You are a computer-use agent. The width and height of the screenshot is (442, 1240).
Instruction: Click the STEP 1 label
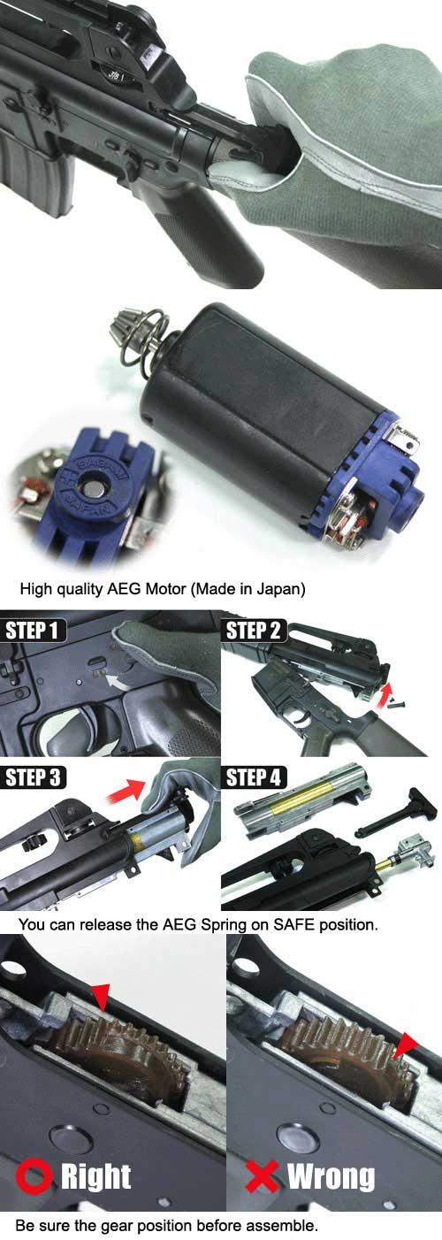[x=32, y=631]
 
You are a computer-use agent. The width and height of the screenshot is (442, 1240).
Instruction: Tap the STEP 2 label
[x=253, y=631]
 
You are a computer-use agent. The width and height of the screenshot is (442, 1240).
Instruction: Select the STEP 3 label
[x=33, y=777]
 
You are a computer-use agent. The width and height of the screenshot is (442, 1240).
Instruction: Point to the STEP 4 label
[x=254, y=777]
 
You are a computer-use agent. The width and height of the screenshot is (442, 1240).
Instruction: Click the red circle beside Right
[x=34, y=1177]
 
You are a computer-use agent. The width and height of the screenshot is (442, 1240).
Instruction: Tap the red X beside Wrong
[x=263, y=1177]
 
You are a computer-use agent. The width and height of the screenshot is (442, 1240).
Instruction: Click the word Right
[x=95, y=1178]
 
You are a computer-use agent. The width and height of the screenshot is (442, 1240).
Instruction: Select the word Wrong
[x=331, y=1177]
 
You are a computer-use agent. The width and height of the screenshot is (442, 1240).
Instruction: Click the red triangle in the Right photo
[x=101, y=997]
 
